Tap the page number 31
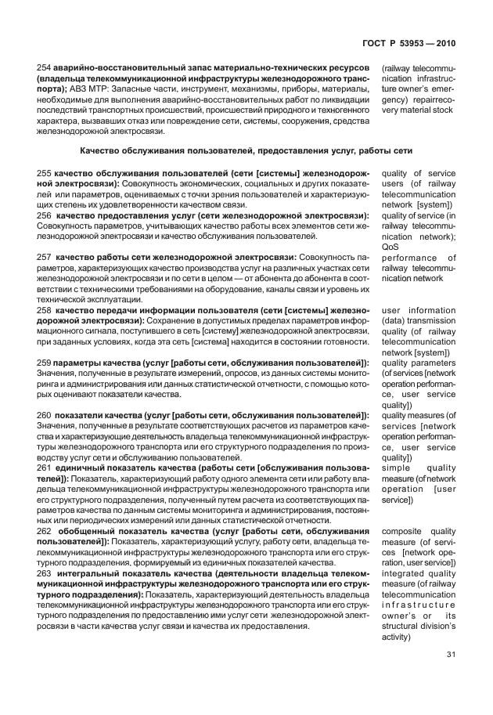[451, 655]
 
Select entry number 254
[44, 69]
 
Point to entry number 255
[44, 173]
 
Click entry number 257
[44, 258]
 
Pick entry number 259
[44, 363]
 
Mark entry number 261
[44, 468]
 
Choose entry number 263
[44, 574]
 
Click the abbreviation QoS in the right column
[390, 247]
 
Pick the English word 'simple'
[396, 468]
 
